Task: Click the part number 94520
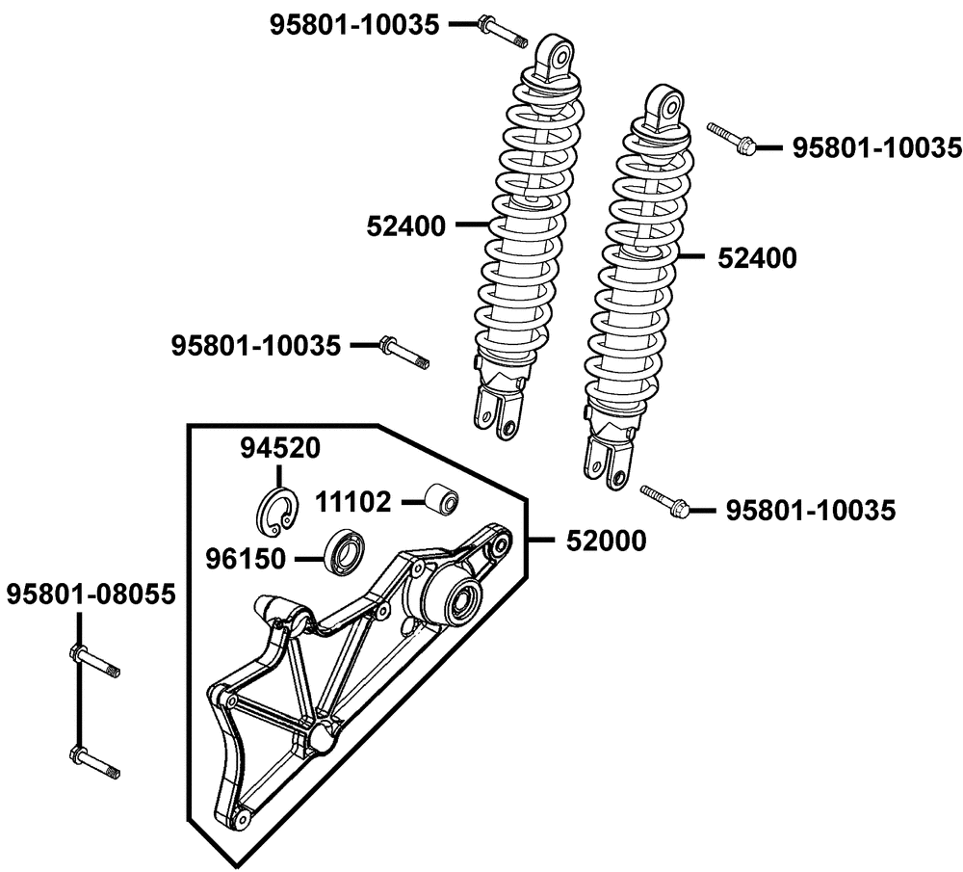tap(280, 449)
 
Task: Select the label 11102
tap(353, 502)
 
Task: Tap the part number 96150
tap(246, 559)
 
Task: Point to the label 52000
tap(606, 541)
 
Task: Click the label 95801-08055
tap(91, 595)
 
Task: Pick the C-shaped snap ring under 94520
tap(277, 510)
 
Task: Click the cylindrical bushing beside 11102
tap(442, 497)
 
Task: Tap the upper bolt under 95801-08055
tap(95, 661)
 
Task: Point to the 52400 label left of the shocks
tap(406, 226)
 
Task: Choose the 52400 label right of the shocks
tap(757, 258)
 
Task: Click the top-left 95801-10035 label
tap(355, 25)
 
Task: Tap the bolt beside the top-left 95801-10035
tap(503, 32)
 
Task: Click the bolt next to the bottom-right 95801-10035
tap(664, 500)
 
